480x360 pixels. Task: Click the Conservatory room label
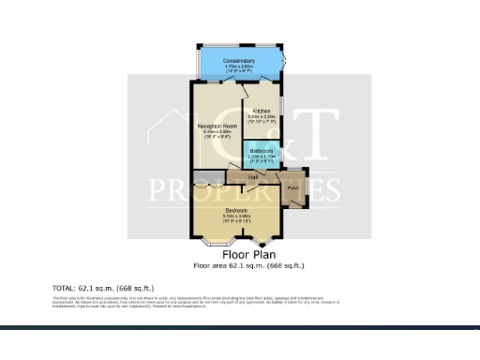point(239,61)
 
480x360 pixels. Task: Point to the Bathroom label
point(261,150)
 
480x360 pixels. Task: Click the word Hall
point(253,175)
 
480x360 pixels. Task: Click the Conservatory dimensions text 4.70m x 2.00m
point(239,67)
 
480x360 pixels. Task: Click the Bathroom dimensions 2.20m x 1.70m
point(261,156)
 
